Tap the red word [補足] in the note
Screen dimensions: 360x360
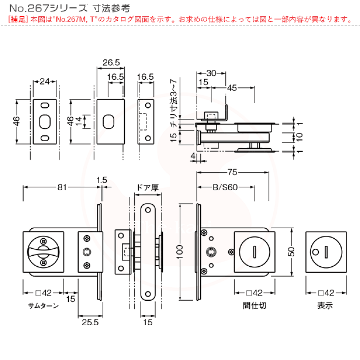click(18, 20)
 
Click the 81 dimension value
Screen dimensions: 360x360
click(61, 187)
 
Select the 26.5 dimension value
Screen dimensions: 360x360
click(110, 63)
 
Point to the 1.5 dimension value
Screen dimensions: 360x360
click(102, 179)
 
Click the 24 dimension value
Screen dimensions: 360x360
click(45, 81)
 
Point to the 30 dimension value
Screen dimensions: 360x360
click(211, 73)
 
